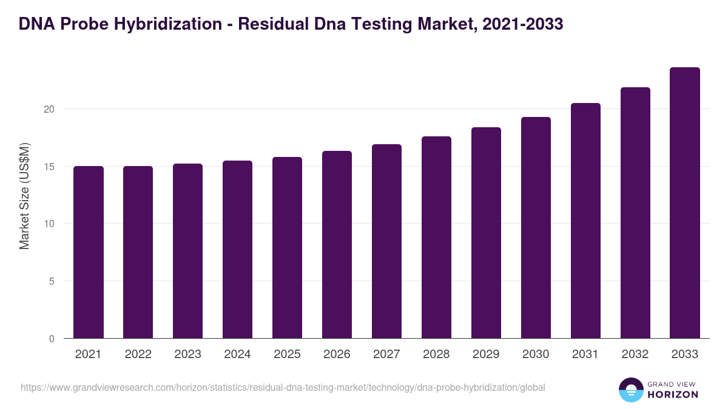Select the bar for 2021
89,252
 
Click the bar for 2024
237,250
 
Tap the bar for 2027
386,241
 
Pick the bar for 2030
536,228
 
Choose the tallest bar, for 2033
685,203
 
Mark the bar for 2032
635,213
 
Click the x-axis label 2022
138,354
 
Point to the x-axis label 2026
337,354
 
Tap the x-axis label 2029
486,354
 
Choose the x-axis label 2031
585,354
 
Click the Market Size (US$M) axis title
24,196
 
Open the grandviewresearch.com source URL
283,387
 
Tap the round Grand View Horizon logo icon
630,390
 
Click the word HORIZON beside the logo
673,394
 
